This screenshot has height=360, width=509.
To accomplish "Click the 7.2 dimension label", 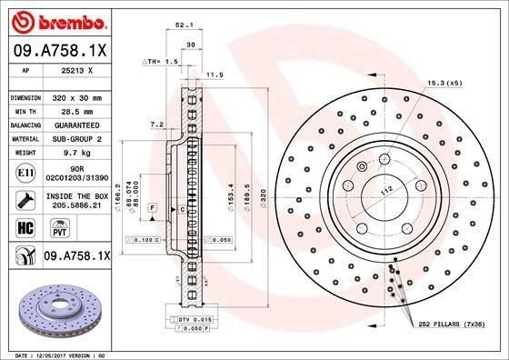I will click(155, 124).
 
